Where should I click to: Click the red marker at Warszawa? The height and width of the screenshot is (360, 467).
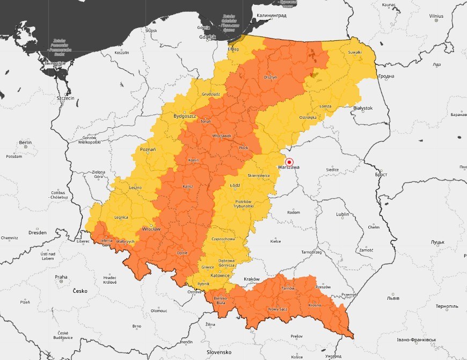click(x=289, y=162)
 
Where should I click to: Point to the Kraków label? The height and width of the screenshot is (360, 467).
click(x=252, y=279)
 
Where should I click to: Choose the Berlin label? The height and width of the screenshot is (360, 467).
click(x=25, y=143)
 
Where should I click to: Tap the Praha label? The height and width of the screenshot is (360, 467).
click(x=61, y=277)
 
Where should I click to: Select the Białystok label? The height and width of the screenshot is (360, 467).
click(x=363, y=109)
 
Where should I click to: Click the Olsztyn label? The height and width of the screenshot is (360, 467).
click(x=270, y=77)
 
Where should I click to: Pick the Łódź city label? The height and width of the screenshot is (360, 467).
click(x=235, y=185)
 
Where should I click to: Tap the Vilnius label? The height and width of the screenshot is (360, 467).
click(x=436, y=17)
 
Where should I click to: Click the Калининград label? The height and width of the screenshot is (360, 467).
click(x=272, y=16)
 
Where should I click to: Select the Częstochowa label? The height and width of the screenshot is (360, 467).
click(x=224, y=239)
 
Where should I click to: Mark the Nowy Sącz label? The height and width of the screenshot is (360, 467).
click(x=278, y=309)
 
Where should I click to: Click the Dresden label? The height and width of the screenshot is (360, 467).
click(x=38, y=233)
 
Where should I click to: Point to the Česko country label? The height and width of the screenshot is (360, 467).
click(x=80, y=291)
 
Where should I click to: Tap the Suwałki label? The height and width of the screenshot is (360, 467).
click(x=354, y=52)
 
